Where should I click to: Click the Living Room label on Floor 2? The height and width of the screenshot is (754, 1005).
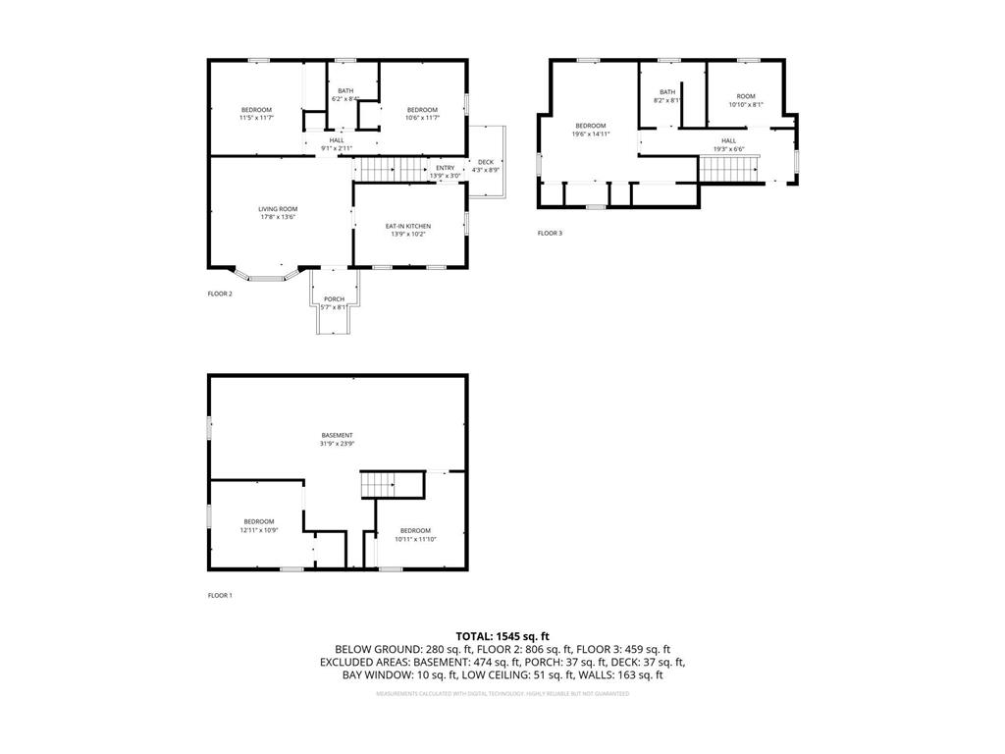278,208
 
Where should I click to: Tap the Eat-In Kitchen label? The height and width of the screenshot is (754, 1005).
407,226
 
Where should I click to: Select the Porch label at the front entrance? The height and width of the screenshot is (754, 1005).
335,298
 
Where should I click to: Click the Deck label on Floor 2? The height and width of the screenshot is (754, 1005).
486,162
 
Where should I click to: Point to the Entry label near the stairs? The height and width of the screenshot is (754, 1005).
446,167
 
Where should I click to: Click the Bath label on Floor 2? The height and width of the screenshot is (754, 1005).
345,90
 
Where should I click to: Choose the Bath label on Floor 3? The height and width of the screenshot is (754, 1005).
667,91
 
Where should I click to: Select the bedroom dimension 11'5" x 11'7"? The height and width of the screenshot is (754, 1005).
256,118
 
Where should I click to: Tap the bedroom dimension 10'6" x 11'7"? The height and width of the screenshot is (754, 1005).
422,118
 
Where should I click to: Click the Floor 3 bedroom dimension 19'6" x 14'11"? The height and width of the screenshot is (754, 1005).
591,134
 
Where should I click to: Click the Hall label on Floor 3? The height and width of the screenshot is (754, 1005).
729,140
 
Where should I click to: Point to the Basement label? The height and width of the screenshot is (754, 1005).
337,435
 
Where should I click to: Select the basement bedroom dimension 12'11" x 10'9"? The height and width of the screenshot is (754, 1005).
259,530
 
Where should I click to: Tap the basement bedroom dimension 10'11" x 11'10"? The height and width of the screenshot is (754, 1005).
415,539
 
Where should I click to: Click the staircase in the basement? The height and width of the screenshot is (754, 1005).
379,484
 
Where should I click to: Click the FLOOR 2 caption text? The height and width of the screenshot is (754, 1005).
220,294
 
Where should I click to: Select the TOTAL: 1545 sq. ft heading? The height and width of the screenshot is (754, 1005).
502,635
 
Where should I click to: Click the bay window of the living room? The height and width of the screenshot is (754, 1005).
265,278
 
